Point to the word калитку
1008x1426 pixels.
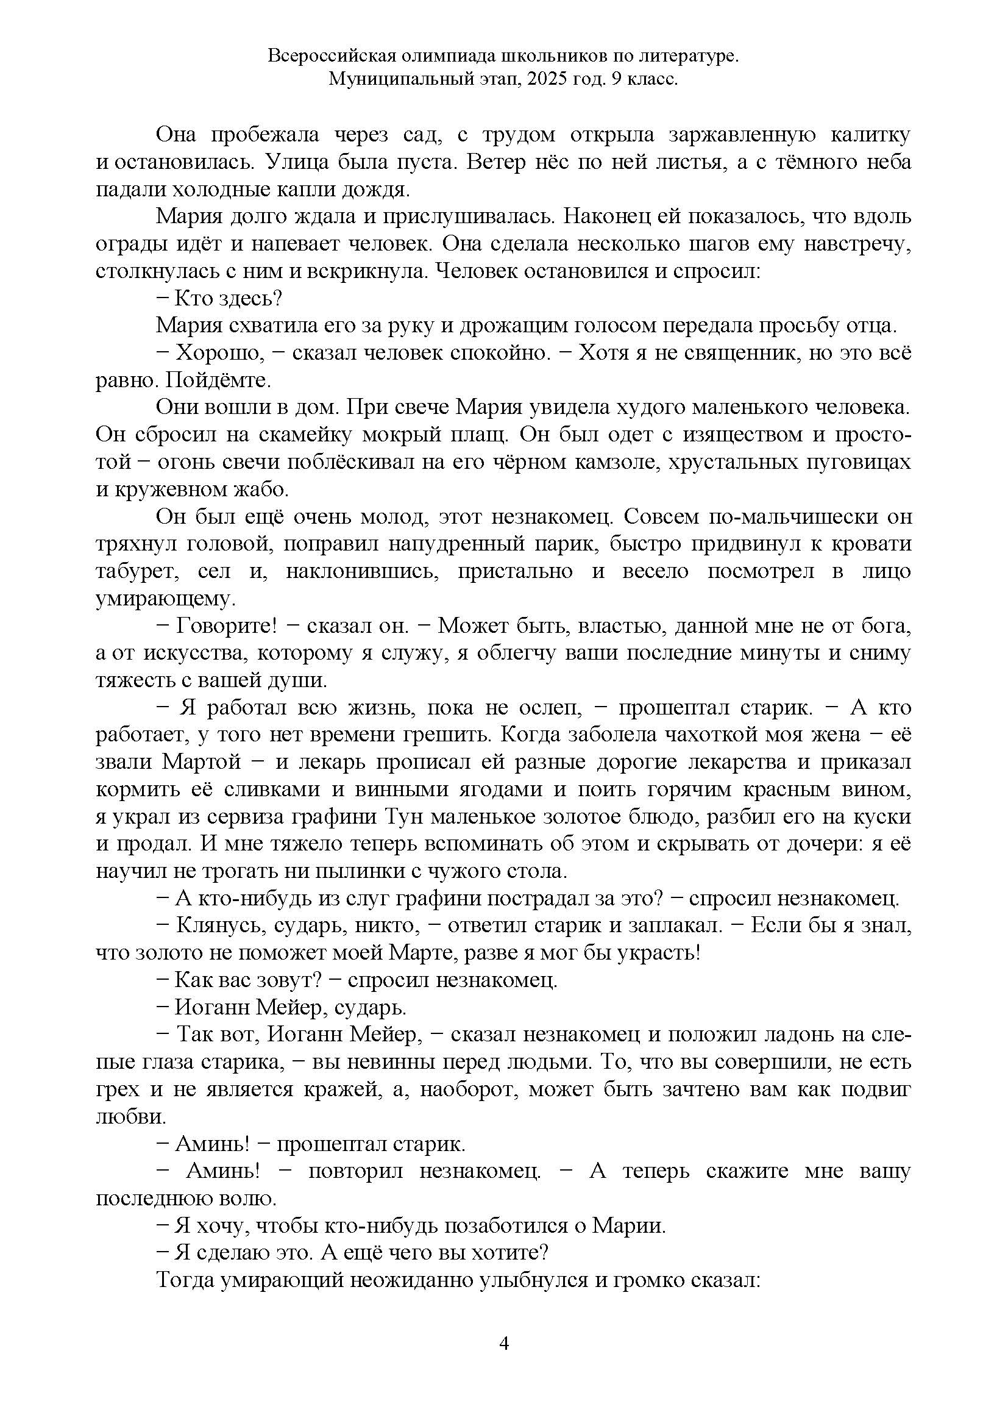coord(870,135)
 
